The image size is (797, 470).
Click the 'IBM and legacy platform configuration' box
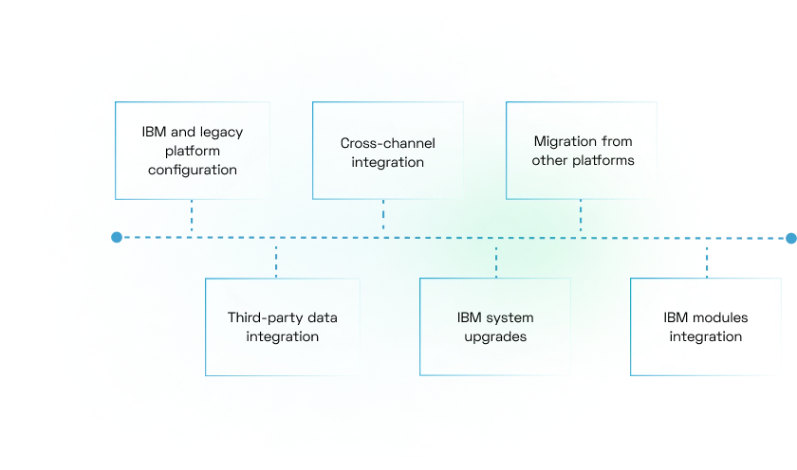tap(192, 151)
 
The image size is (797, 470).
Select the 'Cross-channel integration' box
tap(387, 151)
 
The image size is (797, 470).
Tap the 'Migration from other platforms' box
tap(582, 151)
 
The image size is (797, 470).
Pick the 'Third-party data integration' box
tap(282, 327)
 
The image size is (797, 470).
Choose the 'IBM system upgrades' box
tap(495, 327)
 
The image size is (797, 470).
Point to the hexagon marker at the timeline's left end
tap(116, 237)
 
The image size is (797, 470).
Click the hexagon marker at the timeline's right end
tap(790, 237)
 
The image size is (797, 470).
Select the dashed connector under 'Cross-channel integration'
tap(383, 216)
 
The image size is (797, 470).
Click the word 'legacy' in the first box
tap(220, 132)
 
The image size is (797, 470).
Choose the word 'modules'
tap(720, 317)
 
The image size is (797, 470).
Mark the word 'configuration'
tap(192, 171)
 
